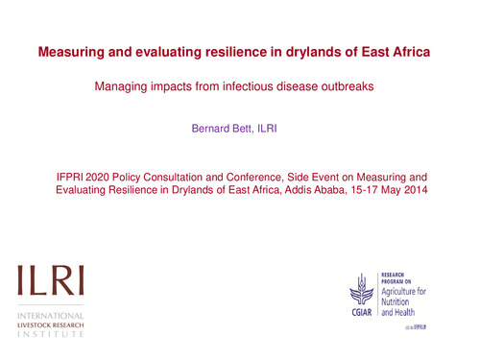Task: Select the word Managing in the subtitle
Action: point(119,87)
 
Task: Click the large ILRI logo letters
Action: point(48,280)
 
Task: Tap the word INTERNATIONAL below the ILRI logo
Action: point(49,316)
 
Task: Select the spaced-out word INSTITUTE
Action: point(48,335)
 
